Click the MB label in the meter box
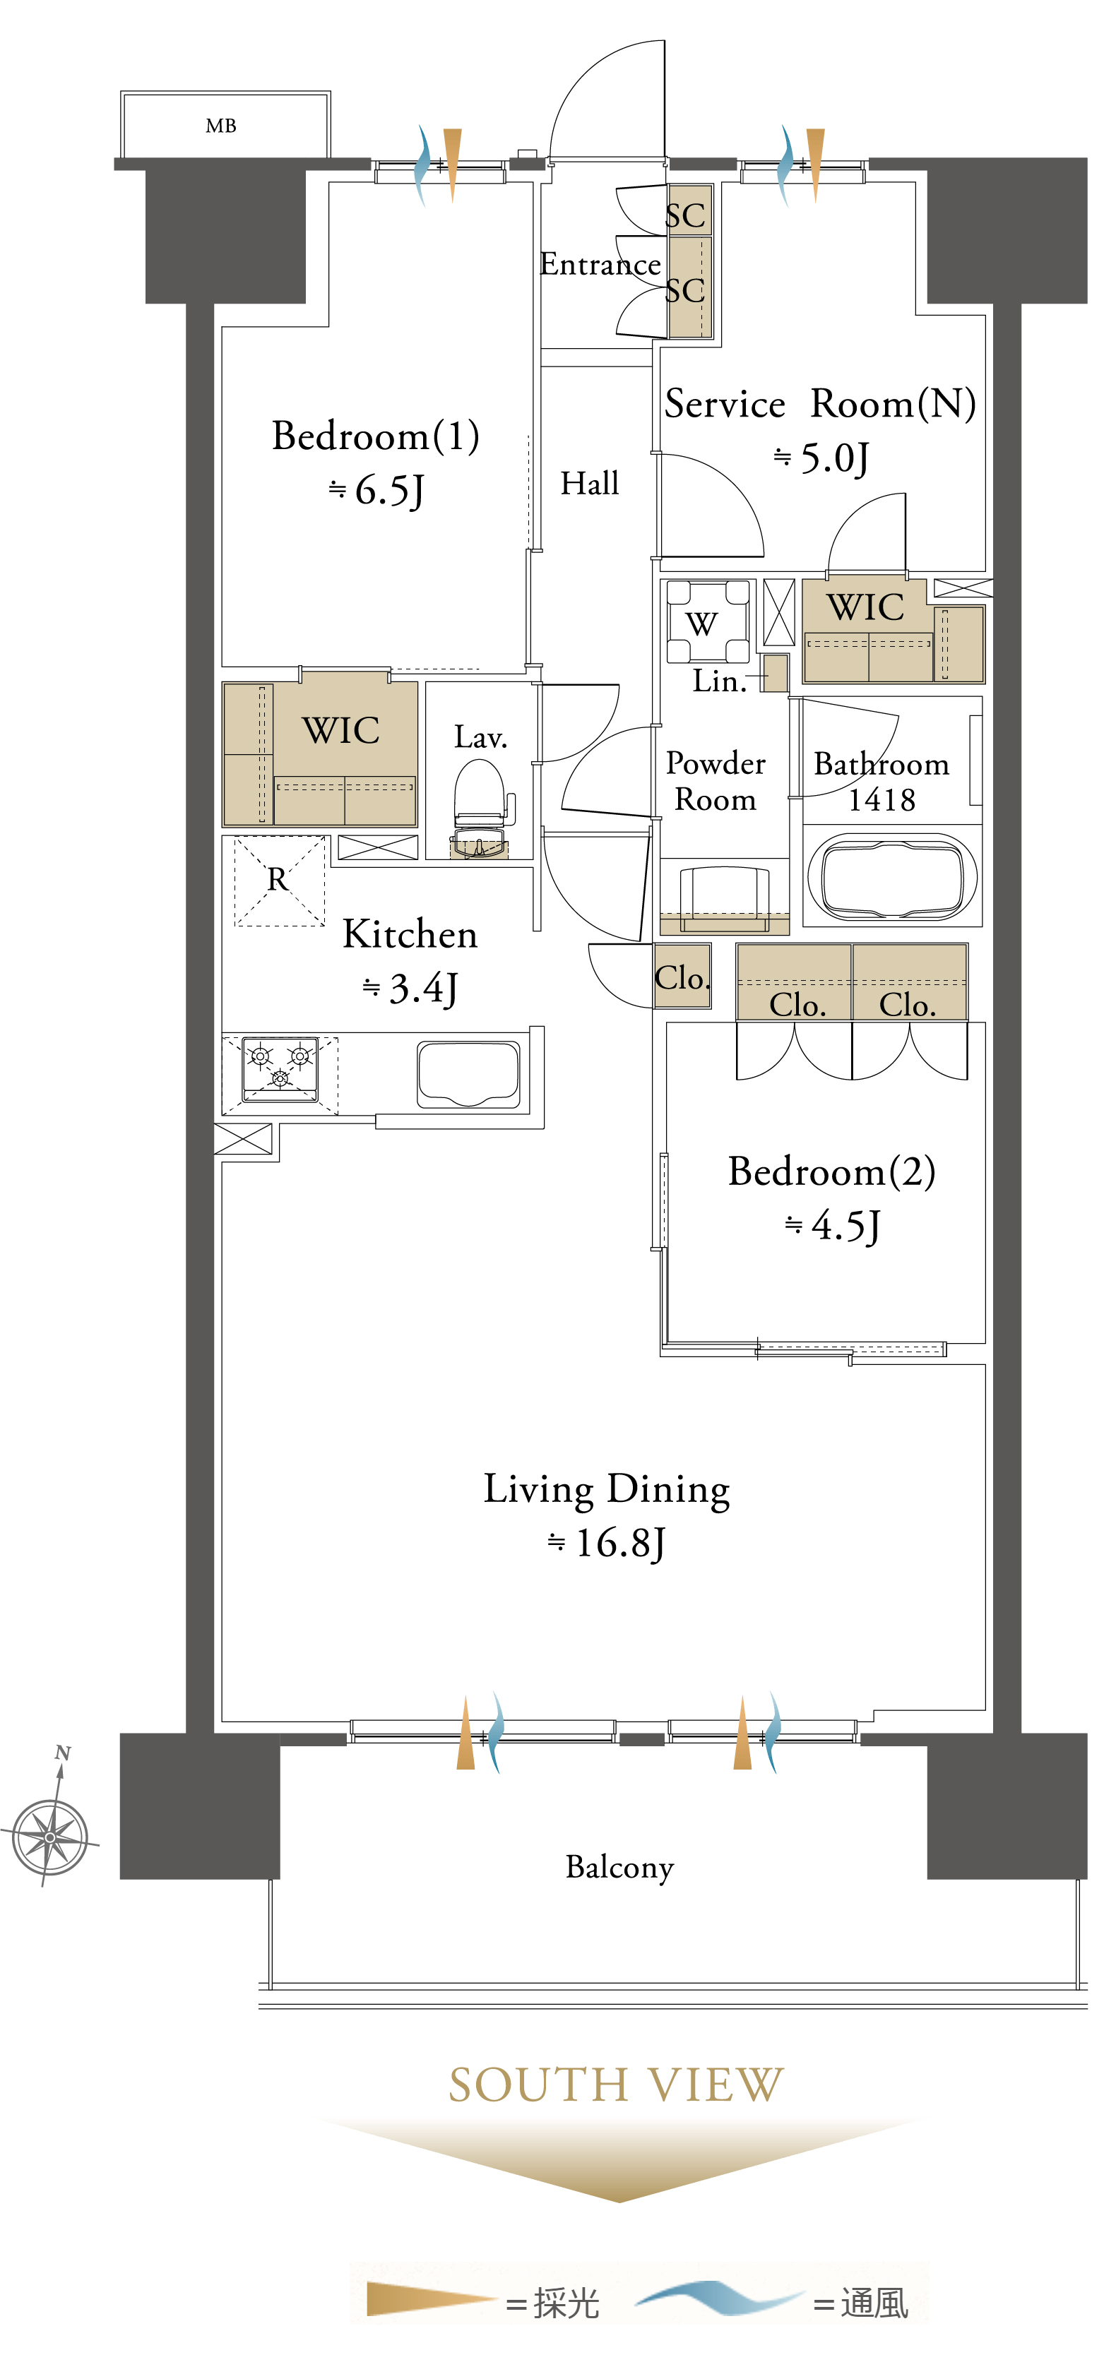pos(221,126)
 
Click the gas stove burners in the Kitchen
pos(280,1069)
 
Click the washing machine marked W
pos(707,621)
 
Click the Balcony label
pos(620,1867)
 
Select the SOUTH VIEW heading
pos(616,2084)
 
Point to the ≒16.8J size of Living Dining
pos(606,1543)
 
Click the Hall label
pos(590,483)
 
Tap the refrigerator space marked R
pos(279,881)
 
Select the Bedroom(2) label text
pos(831,1172)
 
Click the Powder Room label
pos(716,780)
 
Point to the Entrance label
pos(600,264)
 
